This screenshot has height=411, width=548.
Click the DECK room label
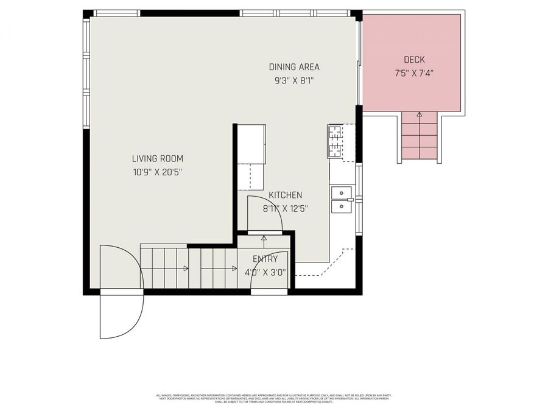(414, 60)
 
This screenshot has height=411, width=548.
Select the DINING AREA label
(294, 67)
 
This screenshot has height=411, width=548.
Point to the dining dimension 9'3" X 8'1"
(294, 80)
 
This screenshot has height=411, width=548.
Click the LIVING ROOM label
(158, 158)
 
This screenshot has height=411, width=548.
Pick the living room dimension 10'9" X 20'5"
(158, 172)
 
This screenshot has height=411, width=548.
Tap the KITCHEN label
(286, 195)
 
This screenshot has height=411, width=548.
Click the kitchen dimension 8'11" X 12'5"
(286, 208)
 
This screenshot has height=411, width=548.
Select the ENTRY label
(261, 259)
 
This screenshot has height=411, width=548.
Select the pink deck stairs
(420, 139)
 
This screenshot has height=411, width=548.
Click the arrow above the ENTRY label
(264, 238)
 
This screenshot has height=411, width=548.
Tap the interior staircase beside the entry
(189, 268)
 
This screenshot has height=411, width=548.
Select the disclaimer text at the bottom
(274, 399)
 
